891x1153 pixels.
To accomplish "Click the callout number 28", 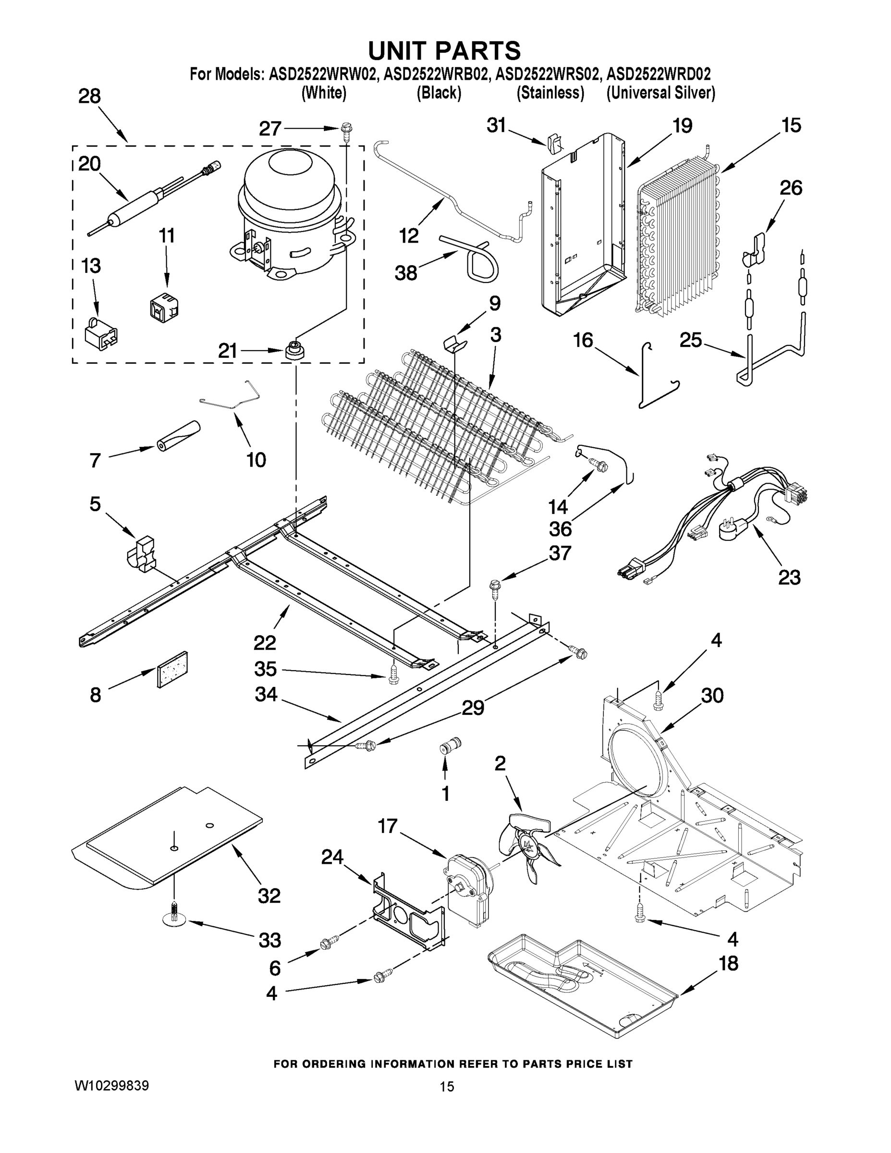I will (90, 97).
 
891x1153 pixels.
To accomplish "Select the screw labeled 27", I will (347, 129).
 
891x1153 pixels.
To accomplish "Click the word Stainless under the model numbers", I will (550, 93).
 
